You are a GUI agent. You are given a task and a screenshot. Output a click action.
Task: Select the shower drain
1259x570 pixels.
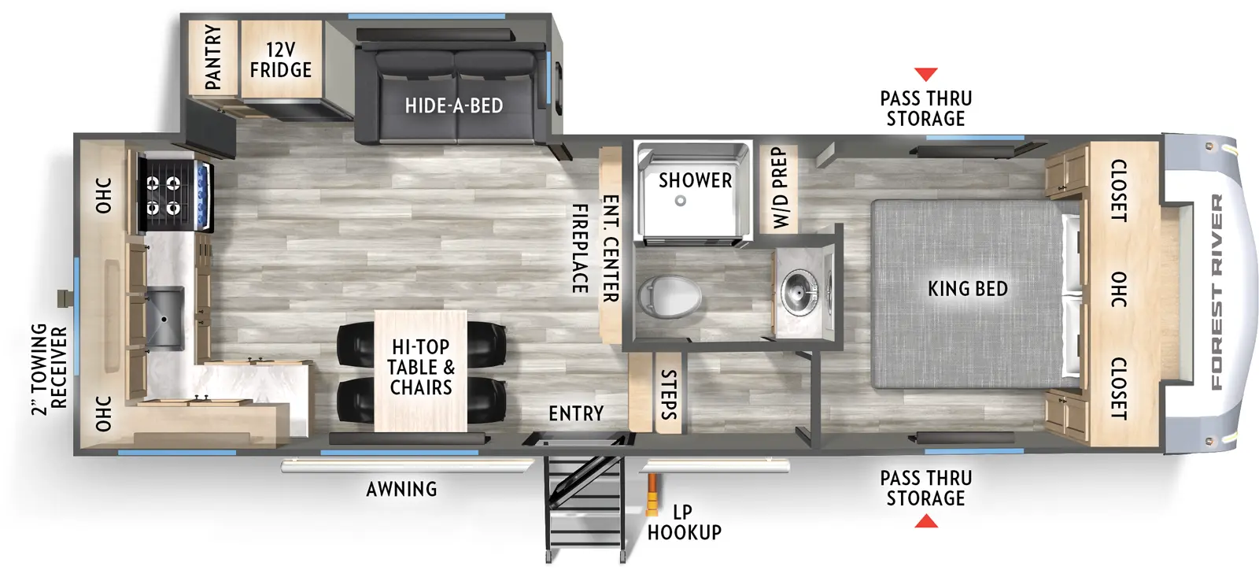[x=681, y=201]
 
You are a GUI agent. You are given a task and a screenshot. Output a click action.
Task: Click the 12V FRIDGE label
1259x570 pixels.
[x=281, y=60]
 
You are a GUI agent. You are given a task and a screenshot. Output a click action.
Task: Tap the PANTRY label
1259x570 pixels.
[x=213, y=57]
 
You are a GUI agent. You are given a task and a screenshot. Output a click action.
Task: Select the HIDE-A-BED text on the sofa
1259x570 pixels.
[x=454, y=105]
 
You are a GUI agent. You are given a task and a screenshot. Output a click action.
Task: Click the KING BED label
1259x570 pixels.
[x=967, y=289]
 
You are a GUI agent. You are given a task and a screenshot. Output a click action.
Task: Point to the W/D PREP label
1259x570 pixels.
[x=779, y=187]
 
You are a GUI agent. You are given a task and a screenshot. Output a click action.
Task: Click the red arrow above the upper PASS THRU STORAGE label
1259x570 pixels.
[x=926, y=74]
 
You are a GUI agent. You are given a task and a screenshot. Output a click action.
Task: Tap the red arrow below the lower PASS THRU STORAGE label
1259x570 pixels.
[x=926, y=521]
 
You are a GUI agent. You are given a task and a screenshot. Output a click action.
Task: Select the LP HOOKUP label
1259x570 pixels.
[x=684, y=522]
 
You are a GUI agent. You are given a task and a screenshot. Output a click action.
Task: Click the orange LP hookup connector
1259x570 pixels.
[x=652, y=496]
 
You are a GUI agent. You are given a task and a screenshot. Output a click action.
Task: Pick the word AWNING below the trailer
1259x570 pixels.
[x=401, y=489]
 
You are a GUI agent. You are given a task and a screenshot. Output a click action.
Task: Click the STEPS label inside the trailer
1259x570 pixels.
[x=668, y=394]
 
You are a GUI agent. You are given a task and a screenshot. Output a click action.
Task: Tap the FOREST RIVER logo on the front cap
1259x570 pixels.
[x=1217, y=291]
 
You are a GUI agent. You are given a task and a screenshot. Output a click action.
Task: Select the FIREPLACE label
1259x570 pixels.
[x=580, y=249]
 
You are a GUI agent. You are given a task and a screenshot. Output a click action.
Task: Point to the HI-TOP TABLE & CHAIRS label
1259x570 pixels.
[x=421, y=367]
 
